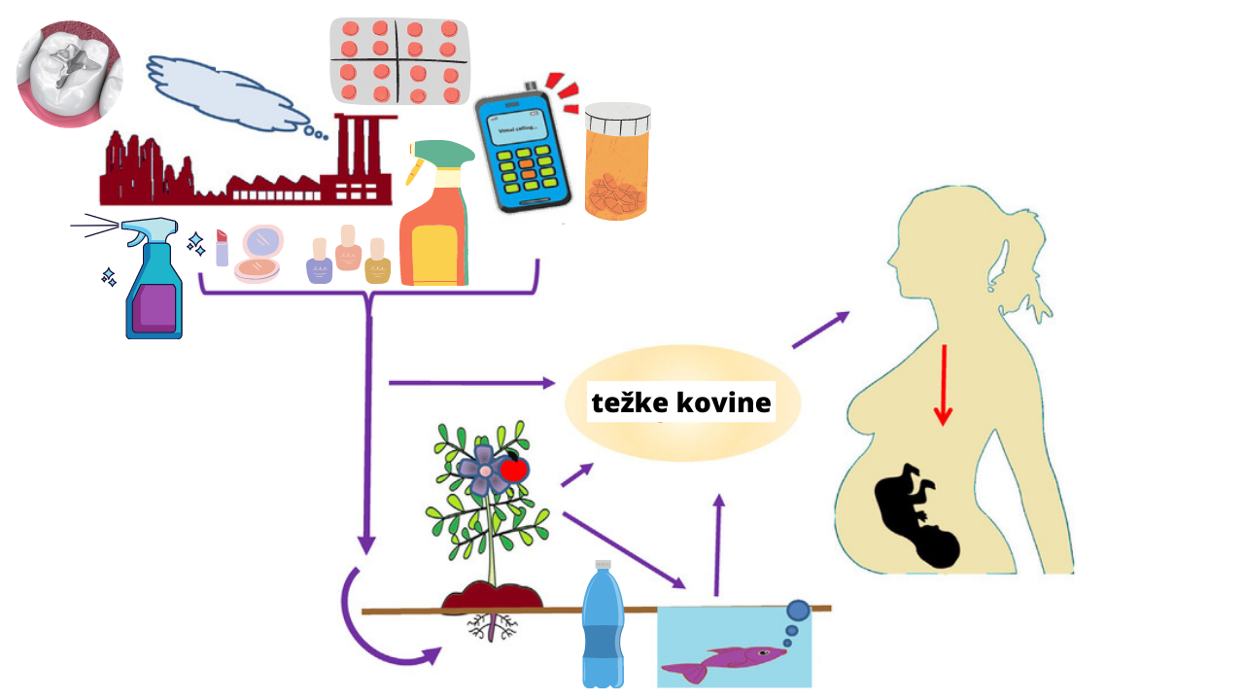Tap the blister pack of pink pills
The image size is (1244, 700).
pyautogui.click(x=399, y=61)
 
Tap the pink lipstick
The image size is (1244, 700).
pyautogui.click(x=222, y=249)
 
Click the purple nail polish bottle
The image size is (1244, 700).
pyautogui.click(x=320, y=262)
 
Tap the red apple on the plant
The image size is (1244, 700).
pyautogui.click(x=514, y=470)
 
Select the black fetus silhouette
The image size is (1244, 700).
pyautogui.click(x=919, y=515)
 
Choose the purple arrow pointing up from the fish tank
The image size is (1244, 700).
pyautogui.click(x=718, y=544)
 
